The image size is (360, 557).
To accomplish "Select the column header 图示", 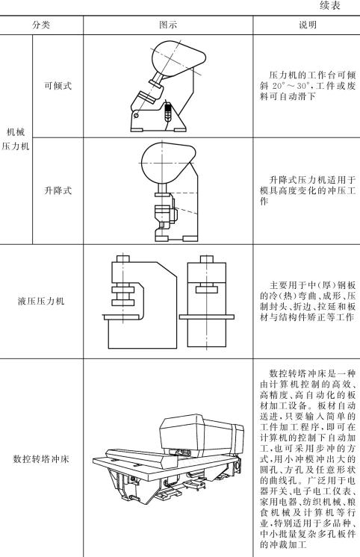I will coord(168,25).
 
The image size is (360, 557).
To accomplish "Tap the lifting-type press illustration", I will coord(168,190).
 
